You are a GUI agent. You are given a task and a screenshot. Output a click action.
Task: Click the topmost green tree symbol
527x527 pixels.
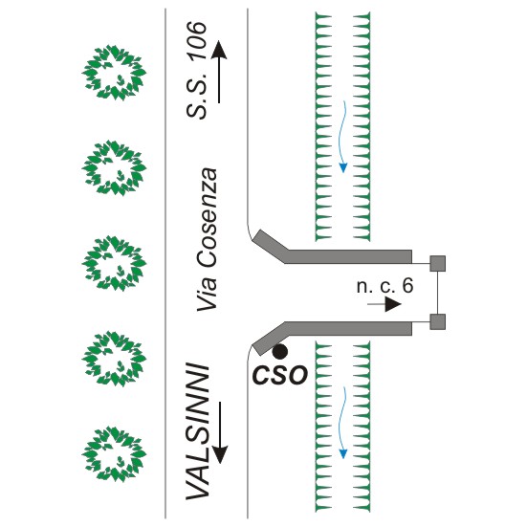coord(114,73)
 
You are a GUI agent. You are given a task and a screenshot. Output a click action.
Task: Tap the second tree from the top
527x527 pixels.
coord(114,167)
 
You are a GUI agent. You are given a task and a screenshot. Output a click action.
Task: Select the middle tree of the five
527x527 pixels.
coord(114,263)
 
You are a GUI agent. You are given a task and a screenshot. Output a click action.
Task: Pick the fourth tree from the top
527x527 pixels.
coord(114,359)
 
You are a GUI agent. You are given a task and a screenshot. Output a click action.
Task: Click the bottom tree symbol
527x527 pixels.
coord(114,453)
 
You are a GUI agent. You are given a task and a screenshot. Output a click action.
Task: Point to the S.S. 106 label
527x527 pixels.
coord(196,70)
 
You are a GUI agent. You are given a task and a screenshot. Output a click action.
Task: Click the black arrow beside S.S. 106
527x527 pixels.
coord(219,72)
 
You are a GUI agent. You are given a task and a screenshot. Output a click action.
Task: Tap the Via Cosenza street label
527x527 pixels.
coord(207,240)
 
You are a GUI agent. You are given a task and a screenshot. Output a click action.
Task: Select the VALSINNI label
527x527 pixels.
coord(198,431)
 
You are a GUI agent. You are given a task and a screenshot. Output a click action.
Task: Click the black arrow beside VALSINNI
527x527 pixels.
coord(220,432)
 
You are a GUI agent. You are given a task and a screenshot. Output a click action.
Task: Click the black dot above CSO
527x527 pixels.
coord(280,352)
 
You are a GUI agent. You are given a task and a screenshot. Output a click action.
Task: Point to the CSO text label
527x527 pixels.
coord(280,375)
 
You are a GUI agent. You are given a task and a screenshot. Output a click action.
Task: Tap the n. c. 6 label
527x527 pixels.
coord(384,286)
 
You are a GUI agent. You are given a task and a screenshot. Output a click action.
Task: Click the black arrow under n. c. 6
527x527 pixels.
coord(384,304)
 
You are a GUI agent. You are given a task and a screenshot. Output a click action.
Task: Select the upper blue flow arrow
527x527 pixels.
coord(342,137)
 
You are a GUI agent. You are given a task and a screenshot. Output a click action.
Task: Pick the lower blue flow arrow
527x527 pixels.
coord(342,423)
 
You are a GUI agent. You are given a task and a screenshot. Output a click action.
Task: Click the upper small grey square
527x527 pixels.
coord(438,263)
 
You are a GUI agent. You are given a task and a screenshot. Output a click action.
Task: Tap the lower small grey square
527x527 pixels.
coord(438,321)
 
